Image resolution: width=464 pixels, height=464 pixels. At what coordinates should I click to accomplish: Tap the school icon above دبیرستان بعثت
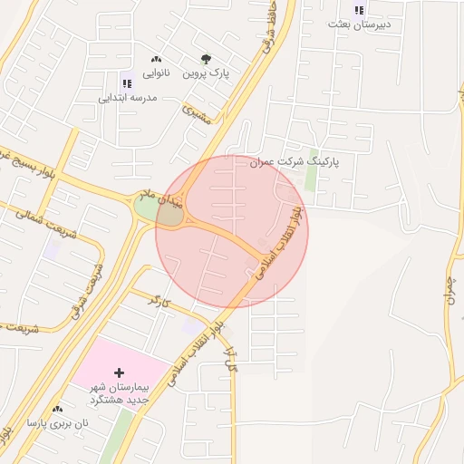(x=359, y=10)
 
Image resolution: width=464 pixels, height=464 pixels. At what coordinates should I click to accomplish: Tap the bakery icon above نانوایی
(x=157, y=58)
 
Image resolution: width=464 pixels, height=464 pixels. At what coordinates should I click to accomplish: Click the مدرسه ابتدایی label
(x=128, y=96)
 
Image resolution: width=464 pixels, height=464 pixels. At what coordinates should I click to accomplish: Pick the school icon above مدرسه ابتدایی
(x=126, y=83)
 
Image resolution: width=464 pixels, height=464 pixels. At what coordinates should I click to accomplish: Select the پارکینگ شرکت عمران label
(x=295, y=161)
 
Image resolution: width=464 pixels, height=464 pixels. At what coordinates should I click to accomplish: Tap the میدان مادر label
(x=160, y=200)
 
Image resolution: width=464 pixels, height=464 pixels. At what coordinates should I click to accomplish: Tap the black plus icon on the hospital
(x=120, y=372)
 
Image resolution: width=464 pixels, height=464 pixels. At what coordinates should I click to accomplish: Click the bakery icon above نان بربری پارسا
(x=58, y=410)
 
